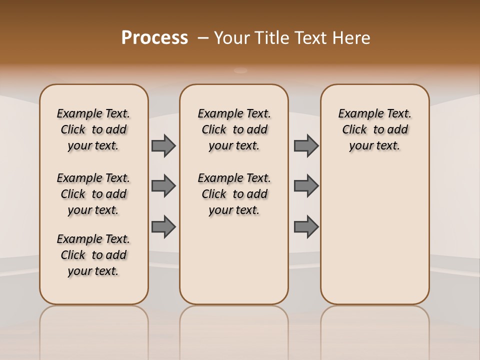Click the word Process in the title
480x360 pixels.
click(154, 38)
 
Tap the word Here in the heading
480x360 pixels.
click(351, 38)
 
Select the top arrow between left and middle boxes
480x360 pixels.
click(163, 146)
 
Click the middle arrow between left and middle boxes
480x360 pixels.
click(163, 186)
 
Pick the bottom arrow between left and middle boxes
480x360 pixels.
click(163, 226)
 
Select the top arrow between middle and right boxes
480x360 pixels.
click(306, 146)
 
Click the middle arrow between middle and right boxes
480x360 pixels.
click(306, 186)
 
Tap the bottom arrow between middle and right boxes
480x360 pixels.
click(306, 226)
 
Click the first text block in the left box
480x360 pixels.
click(93, 129)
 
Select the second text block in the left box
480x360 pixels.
click(93, 194)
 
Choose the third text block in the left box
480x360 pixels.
click(93, 255)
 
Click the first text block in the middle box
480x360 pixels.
click(234, 129)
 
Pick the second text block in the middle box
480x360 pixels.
click(234, 194)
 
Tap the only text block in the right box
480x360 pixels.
click(375, 129)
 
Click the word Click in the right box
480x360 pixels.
click(354, 130)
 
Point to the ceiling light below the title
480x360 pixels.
click(241, 70)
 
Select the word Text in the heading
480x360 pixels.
click(311, 38)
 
